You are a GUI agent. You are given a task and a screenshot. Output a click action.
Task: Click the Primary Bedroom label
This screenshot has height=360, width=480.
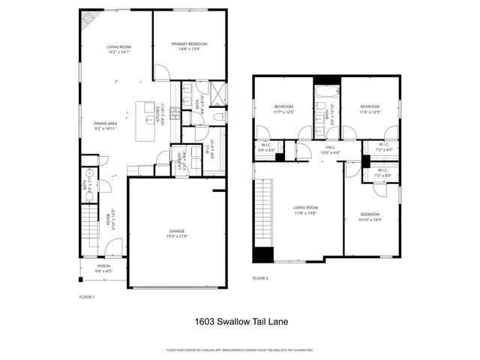189,44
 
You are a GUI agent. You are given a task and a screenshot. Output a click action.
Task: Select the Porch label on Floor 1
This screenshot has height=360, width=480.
103,265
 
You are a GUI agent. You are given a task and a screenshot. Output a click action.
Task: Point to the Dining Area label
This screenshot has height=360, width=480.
105,123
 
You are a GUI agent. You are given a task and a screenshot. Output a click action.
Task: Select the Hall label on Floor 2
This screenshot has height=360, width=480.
330,147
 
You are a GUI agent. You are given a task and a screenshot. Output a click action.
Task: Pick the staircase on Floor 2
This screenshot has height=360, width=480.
262,217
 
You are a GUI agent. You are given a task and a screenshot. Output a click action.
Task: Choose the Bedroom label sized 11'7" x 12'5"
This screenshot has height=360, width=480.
283,106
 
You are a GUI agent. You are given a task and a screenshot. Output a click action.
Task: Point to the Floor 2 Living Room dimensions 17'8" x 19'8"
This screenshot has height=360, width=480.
305,212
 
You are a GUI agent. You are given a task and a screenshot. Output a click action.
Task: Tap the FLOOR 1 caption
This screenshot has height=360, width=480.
87,298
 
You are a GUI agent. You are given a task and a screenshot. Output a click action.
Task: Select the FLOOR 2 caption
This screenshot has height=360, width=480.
260,278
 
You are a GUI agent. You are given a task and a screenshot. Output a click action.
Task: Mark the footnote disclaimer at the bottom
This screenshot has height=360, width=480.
239,349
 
